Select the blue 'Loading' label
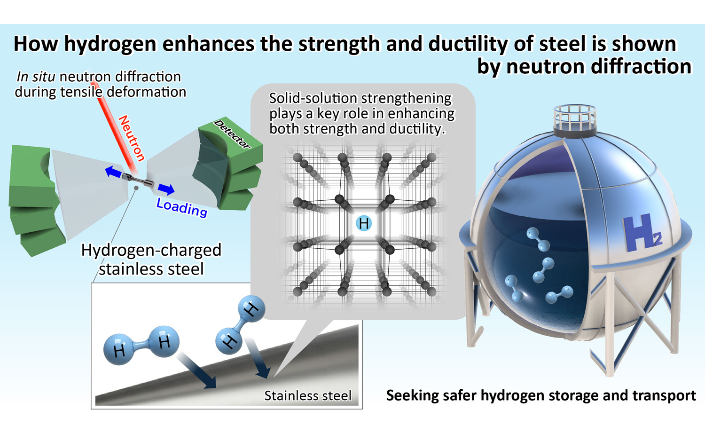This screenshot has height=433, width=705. click(181, 207)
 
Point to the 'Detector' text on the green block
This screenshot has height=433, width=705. click(232, 134)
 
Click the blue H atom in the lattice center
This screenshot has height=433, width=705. click(363, 223)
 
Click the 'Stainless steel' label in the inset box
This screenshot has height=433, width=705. click(307, 396)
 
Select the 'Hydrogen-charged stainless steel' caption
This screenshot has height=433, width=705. click(151, 259)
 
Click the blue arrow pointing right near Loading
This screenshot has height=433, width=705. click(166, 189)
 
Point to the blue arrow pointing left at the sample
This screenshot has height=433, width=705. click(113, 172)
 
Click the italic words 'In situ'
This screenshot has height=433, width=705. click(36, 77)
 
